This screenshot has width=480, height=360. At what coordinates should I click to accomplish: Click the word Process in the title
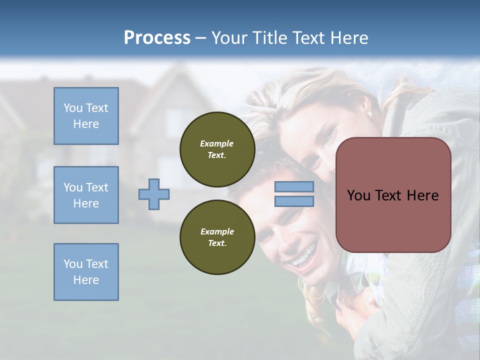coord(157,38)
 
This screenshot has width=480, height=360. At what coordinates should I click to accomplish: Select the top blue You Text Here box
coord(86,116)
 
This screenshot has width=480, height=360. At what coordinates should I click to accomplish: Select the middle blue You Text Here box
coord(86,195)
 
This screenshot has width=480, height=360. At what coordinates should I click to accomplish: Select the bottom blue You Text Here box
coord(86,272)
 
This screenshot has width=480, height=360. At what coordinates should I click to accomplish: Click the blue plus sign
coord(154,194)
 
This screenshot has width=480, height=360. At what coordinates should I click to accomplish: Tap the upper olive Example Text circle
coord(217,149)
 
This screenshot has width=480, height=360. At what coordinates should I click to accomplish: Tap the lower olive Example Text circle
coord(217,237)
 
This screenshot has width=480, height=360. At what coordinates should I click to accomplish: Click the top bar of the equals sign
coord(294,187)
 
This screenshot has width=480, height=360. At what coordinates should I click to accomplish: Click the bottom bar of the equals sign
coord(294,201)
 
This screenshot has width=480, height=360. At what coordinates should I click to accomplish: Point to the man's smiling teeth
coord(304,257)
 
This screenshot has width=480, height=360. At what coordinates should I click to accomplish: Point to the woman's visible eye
coord(330,134)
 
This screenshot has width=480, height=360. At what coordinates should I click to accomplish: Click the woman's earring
coord(369,114)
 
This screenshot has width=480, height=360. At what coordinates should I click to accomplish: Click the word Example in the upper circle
coord(217,143)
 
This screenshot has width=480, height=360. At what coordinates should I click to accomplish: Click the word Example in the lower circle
coord(217,231)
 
